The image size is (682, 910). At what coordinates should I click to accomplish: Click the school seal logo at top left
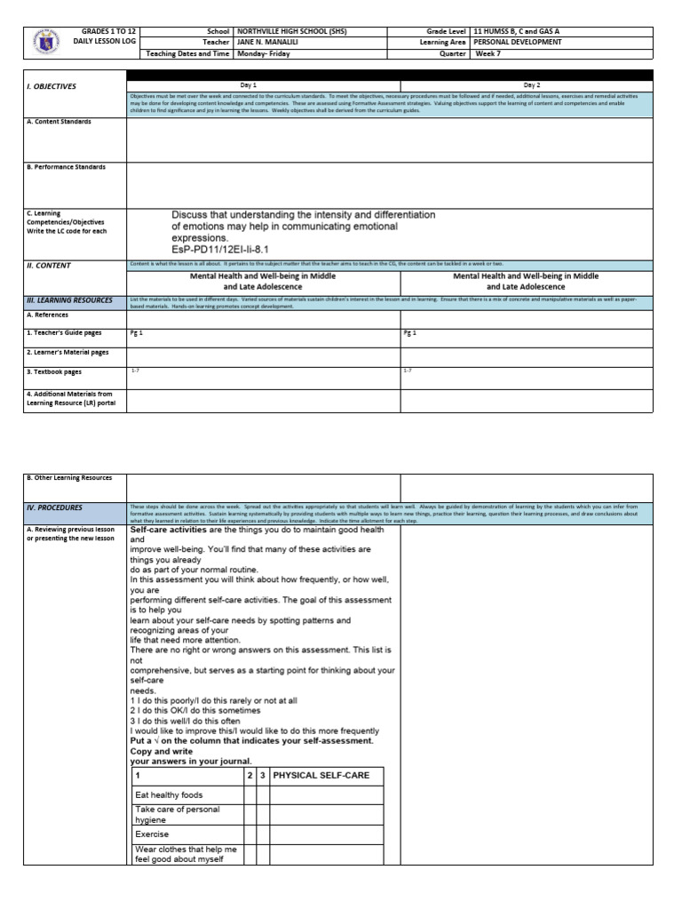pos(44,42)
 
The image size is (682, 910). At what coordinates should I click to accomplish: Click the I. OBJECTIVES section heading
pos(52,86)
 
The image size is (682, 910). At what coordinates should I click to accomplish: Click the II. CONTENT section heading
pos(49,265)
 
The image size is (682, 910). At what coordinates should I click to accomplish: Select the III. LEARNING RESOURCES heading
pos(69,300)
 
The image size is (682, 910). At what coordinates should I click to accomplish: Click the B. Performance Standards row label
pos(66,167)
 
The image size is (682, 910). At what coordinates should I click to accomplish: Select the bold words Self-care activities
pos(169,530)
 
